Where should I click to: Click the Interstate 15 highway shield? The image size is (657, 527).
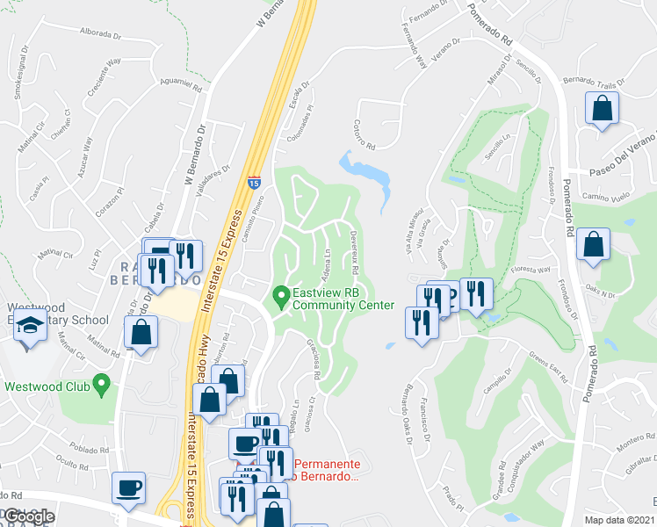click(x=253, y=182)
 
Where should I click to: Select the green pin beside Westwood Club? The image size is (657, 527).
click(x=102, y=383)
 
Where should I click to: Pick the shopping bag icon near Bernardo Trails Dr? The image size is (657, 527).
click(x=603, y=109)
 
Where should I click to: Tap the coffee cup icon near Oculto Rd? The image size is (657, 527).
click(x=129, y=487)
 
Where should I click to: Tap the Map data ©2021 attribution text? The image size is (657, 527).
click(x=618, y=520)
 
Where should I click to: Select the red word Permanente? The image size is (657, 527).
click(x=325, y=463)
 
